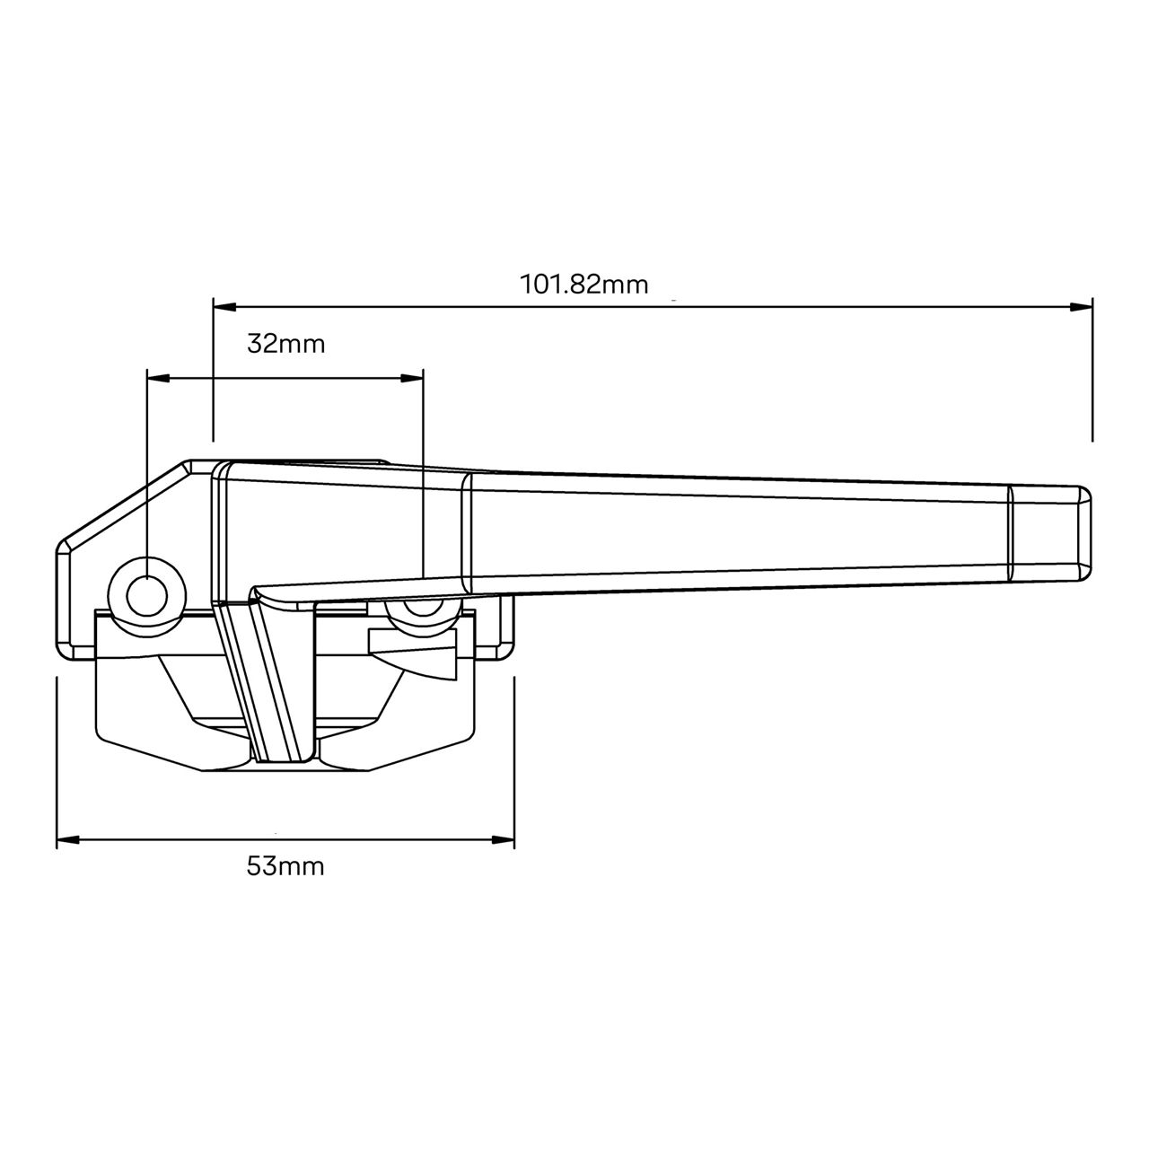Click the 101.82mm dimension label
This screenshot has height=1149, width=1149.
tap(583, 285)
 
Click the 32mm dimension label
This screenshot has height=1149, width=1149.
tap(286, 343)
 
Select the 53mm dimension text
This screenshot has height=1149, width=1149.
tap(285, 866)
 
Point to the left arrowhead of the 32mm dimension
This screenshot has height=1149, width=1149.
tap(157, 379)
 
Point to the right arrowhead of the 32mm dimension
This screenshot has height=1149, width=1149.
tap(412, 379)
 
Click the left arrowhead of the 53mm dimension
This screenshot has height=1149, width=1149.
tap(67, 840)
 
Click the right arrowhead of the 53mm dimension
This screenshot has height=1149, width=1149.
tap(504, 840)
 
